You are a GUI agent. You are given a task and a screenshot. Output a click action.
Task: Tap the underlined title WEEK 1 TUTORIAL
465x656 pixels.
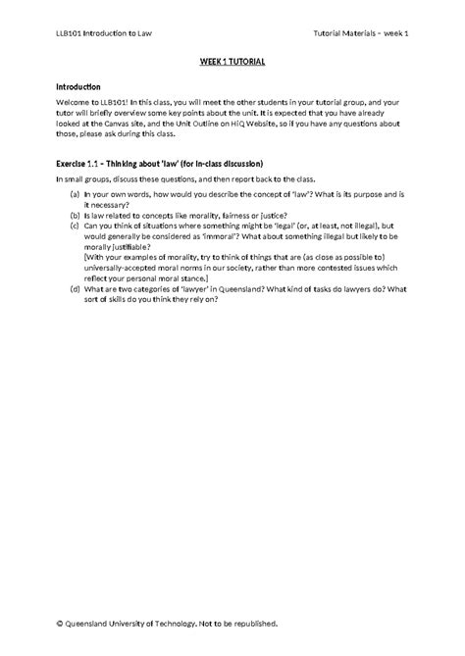232,62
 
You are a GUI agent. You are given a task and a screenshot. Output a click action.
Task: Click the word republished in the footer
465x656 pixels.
251,622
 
